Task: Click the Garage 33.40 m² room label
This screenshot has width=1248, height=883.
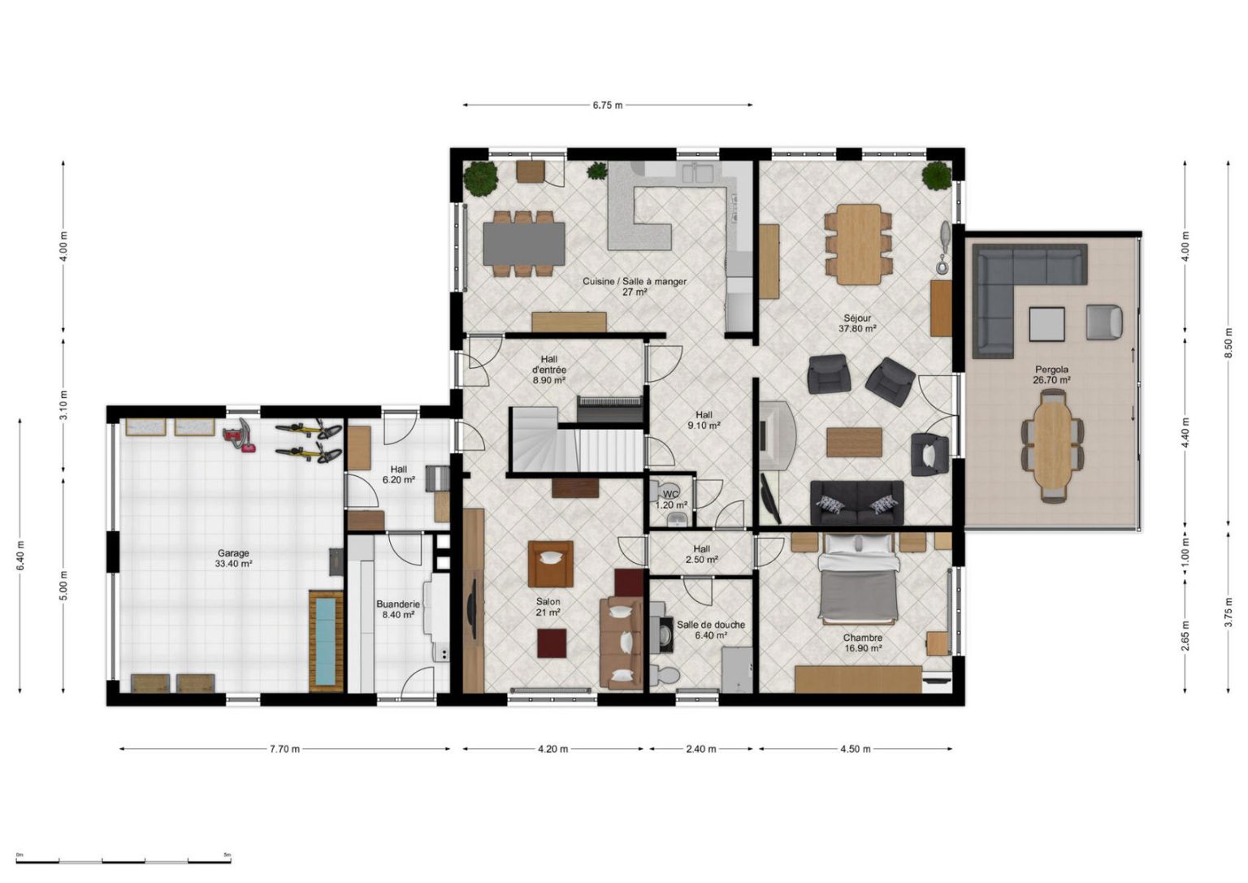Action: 233,558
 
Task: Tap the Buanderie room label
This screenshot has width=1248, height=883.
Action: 398,604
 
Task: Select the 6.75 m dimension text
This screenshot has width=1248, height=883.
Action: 607,106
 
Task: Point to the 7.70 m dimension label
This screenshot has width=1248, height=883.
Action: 284,749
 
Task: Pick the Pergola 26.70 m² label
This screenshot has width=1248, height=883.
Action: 1052,374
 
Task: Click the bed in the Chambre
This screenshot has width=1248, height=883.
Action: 858,578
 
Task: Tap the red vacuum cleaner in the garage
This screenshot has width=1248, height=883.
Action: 240,435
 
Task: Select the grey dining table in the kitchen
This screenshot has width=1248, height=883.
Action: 524,244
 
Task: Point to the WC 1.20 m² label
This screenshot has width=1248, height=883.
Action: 671,500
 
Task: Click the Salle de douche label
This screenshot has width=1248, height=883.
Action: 710,625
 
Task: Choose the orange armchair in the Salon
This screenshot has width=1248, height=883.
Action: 550,563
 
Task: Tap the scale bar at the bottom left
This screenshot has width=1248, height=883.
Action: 123,862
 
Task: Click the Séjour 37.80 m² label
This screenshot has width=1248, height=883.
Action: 857,323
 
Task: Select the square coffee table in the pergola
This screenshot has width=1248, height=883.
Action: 1046,323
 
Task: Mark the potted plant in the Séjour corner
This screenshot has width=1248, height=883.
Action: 936,175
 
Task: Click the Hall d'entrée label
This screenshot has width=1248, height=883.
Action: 548,370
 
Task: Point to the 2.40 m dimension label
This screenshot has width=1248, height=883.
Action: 700,749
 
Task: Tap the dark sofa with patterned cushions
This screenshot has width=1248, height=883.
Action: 857,503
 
